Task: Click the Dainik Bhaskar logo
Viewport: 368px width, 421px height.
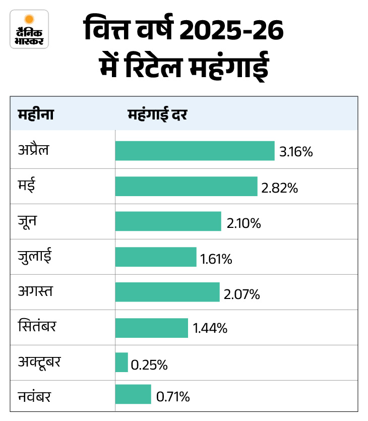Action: click(x=29, y=29)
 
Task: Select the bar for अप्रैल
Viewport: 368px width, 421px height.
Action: click(x=195, y=151)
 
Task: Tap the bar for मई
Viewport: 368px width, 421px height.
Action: click(x=186, y=186)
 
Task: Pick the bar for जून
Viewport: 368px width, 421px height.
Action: click(x=168, y=221)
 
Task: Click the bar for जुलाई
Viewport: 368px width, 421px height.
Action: click(x=155, y=257)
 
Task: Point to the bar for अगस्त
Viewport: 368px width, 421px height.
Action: click(x=167, y=292)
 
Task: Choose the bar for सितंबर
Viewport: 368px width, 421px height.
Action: click(x=151, y=328)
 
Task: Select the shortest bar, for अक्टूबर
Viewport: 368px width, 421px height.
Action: click(x=121, y=363)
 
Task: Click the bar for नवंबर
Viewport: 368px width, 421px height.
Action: click(x=133, y=394)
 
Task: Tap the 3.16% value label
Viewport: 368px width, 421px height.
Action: click(x=296, y=151)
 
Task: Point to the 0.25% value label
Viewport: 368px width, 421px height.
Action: click(x=149, y=365)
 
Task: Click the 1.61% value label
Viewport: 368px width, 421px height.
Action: click(x=216, y=259)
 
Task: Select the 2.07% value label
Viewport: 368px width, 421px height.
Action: click(x=242, y=294)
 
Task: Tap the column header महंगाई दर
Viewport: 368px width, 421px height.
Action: click(x=158, y=114)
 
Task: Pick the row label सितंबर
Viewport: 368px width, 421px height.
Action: click(x=36, y=326)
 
